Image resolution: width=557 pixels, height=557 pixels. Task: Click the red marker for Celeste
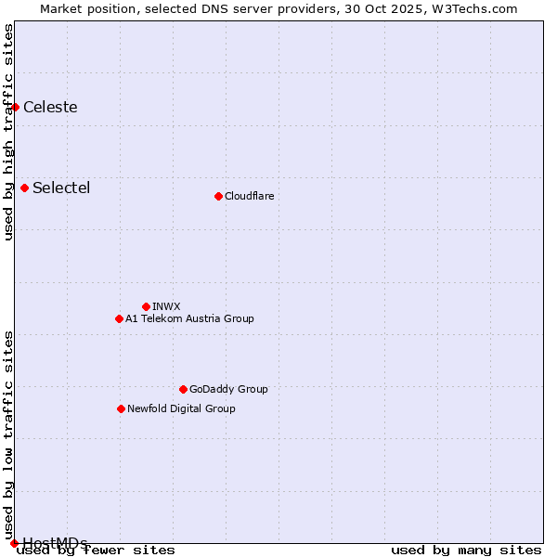pyautogui.click(x=15, y=107)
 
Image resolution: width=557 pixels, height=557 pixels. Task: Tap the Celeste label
pyautogui.click(x=50, y=107)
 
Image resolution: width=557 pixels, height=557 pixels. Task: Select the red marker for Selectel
pyautogui.click(x=24, y=188)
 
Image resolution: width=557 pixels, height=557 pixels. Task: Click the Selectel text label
pyautogui.click(x=61, y=188)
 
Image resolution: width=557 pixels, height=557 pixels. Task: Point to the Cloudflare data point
pyautogui.click(x=218, y=196)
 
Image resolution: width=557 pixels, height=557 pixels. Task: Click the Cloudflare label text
pyautogui.click(x=249, y=196)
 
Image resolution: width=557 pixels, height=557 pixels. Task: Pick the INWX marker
pyautogui.click(x=146, y=306)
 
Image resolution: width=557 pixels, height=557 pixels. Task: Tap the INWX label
pyautogui.click(x=166, y=306)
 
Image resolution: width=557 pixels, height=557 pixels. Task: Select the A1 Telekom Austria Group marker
pyautogui.click(x=119, y=318)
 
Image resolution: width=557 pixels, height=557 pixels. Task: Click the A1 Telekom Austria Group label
pyautogui.click(x=189, y=318)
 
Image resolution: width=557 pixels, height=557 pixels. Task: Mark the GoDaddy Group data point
pyautogui.click(x=183, y=389)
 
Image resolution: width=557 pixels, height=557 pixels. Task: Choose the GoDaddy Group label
pyautogui.click(x=228, y=389)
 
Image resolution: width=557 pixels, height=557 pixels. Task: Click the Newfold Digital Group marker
pyautogui.click(x=121, y=408)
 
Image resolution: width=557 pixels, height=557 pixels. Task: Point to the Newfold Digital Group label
pyautogui.click(x=181, y=408)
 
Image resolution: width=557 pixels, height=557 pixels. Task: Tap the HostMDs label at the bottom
pyautogui.click(x=55, y=542)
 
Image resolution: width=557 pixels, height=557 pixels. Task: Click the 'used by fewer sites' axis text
pyautogui.click(x=96, y=551)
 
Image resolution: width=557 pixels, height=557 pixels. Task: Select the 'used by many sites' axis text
pyautogui.click(x=466, y=551)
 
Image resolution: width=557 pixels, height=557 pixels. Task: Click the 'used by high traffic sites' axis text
pyautogui.click(x=9, y=132)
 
